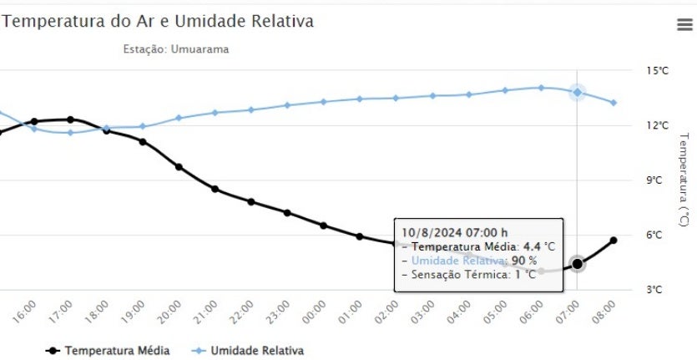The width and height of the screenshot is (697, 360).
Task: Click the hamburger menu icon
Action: (x=684, y=25)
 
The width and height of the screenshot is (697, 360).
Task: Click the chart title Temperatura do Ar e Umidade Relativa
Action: (x=159, y=22)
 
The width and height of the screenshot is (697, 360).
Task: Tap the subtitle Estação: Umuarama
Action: (x=175, y=49)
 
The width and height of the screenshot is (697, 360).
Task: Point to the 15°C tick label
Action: (x=658, y=71)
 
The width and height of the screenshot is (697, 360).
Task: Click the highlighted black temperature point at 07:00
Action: (x=577, y=264)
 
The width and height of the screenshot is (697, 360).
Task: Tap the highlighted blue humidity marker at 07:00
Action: (x=577, y=92)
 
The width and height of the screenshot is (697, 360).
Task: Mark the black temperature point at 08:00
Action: (x=614, y=241)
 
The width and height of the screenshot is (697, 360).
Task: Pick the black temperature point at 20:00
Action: (x=179, y=167)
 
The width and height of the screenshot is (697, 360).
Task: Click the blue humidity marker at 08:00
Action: (x=614, y=103)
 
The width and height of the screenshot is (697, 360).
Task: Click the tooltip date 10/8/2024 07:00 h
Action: (x=455, y=232)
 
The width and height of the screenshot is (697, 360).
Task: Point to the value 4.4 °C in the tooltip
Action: (x=538, y=246)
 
